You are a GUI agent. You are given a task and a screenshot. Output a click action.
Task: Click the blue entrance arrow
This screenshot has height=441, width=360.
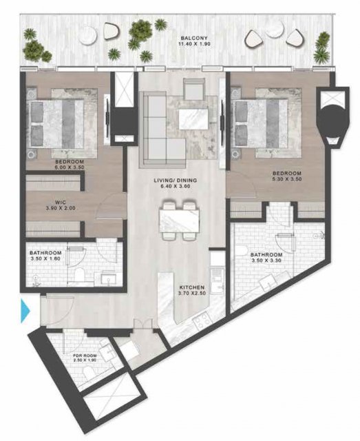[25, 311]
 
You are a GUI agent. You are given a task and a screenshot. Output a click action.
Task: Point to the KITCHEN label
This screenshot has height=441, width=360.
[192, 287]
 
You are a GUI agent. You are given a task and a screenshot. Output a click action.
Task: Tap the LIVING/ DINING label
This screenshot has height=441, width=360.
[176, 181]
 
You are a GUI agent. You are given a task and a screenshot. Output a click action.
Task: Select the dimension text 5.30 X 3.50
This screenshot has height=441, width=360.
[287, 179]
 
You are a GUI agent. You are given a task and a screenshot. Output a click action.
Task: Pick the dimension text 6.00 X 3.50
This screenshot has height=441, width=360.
[70, 167]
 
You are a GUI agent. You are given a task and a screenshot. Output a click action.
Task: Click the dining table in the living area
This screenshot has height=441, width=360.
[179, 220]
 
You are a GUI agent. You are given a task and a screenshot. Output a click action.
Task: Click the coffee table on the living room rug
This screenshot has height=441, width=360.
[193, 119]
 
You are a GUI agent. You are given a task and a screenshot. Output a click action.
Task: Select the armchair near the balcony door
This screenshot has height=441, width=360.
[193, 88]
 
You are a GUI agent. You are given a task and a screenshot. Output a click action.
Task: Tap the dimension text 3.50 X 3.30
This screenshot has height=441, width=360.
[266, 260]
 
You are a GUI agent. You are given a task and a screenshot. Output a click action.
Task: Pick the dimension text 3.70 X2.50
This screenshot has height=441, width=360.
[192, 294]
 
